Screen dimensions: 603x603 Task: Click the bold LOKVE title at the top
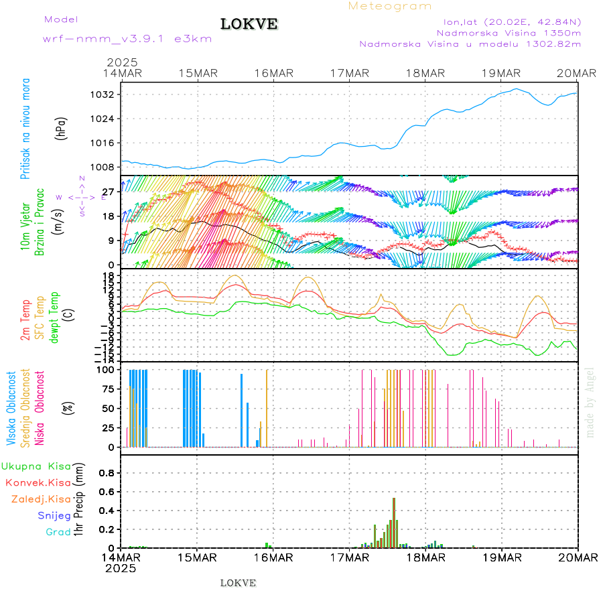pyautogui.click(x=249, y=24)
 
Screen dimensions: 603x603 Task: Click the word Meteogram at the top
pyautogui.click(x=390, y=6)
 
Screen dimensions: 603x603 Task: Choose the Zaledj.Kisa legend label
pyautogui.click(x=42, y=498)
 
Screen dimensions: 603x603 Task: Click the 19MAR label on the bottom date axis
pyautogui.click(x=502, y=557)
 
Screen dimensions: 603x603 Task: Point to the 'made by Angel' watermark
pyautogui.click(x=590, y=402)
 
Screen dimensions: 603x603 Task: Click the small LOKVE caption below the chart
pyautogui.click(x=238, y=583)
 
